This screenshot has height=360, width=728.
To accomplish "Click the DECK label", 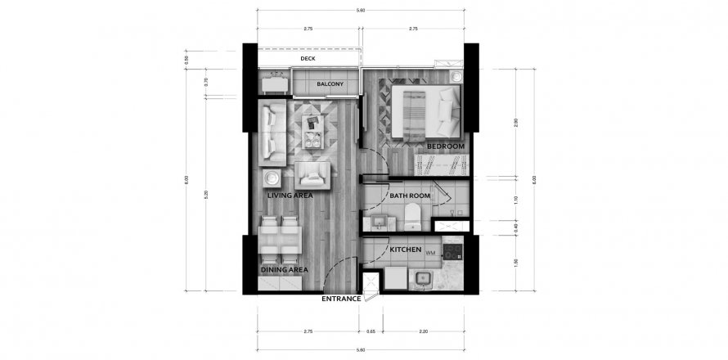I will pyautogui.click(x=308, y=59).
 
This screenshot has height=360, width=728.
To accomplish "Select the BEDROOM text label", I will pyautogui.click(x=445, y=146).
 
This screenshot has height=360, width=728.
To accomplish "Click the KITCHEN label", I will pyautogui.click(x=405, y=249).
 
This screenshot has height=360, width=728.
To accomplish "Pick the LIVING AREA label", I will pyautogui.click(x=290, y=196).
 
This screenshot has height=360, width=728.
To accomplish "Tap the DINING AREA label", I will pyautogui.click(x=283, y=269).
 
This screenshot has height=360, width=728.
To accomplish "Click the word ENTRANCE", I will pyautogui.click(x=341, y=299).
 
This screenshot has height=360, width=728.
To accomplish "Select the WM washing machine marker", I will pyautogui.click(x=429, y=254).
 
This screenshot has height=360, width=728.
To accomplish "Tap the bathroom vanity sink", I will pyautogui.click(x=380, y=222).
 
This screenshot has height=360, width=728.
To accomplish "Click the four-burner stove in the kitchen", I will pyautogui.click(x=452, y=250).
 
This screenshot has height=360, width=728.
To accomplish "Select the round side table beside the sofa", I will pyautogui.click(x=272, y=178).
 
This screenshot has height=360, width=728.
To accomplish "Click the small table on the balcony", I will pyautogui.click(x=275, y=83).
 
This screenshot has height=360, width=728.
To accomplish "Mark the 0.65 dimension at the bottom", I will pyautogui.click(x=371, y=332).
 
